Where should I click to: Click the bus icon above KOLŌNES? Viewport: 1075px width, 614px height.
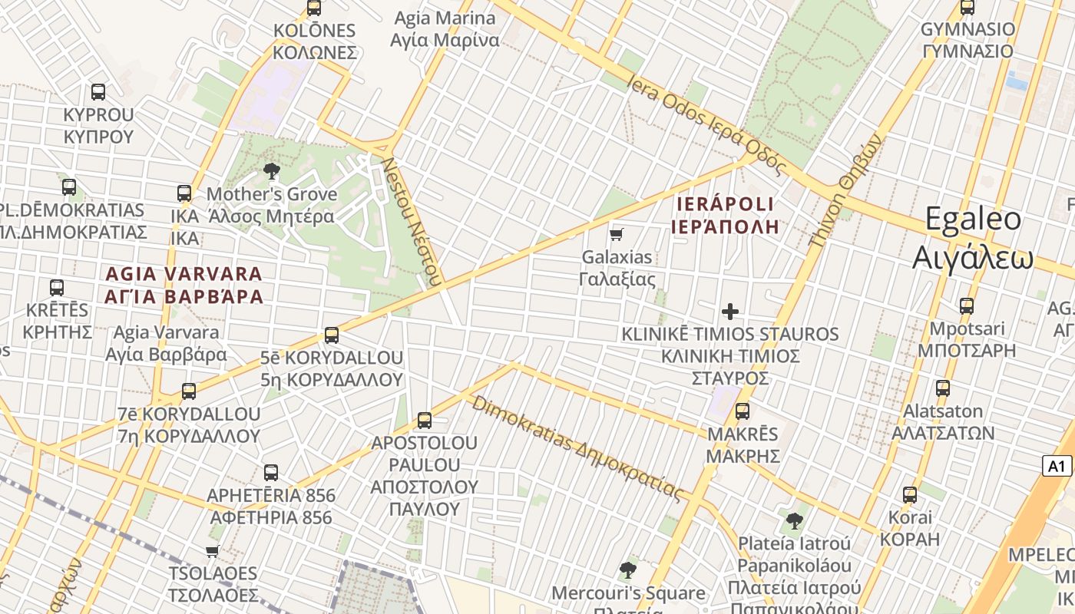click(314, 8)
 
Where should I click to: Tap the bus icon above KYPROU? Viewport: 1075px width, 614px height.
click(98, 92)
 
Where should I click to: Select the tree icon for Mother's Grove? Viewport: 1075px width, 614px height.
click(271, 171)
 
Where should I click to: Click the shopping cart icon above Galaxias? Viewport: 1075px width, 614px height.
click(617, 234)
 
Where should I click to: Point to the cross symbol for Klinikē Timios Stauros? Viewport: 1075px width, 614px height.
click(729, 312)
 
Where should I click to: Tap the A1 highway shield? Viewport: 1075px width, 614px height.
click(1057, 466)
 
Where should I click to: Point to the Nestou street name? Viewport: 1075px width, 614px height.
click(412, 222)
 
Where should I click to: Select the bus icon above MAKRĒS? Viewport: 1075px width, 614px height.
click(743, 411)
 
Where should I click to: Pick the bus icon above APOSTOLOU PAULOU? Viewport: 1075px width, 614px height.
click(425, 420)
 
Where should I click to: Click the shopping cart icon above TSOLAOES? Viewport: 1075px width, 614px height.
click(213, 550)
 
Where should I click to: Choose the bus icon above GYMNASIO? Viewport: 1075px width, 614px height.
click(968, 8)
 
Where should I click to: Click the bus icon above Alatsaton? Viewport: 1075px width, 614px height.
click(943, 388)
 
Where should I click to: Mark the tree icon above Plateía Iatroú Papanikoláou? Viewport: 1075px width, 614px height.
click(795, 521)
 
